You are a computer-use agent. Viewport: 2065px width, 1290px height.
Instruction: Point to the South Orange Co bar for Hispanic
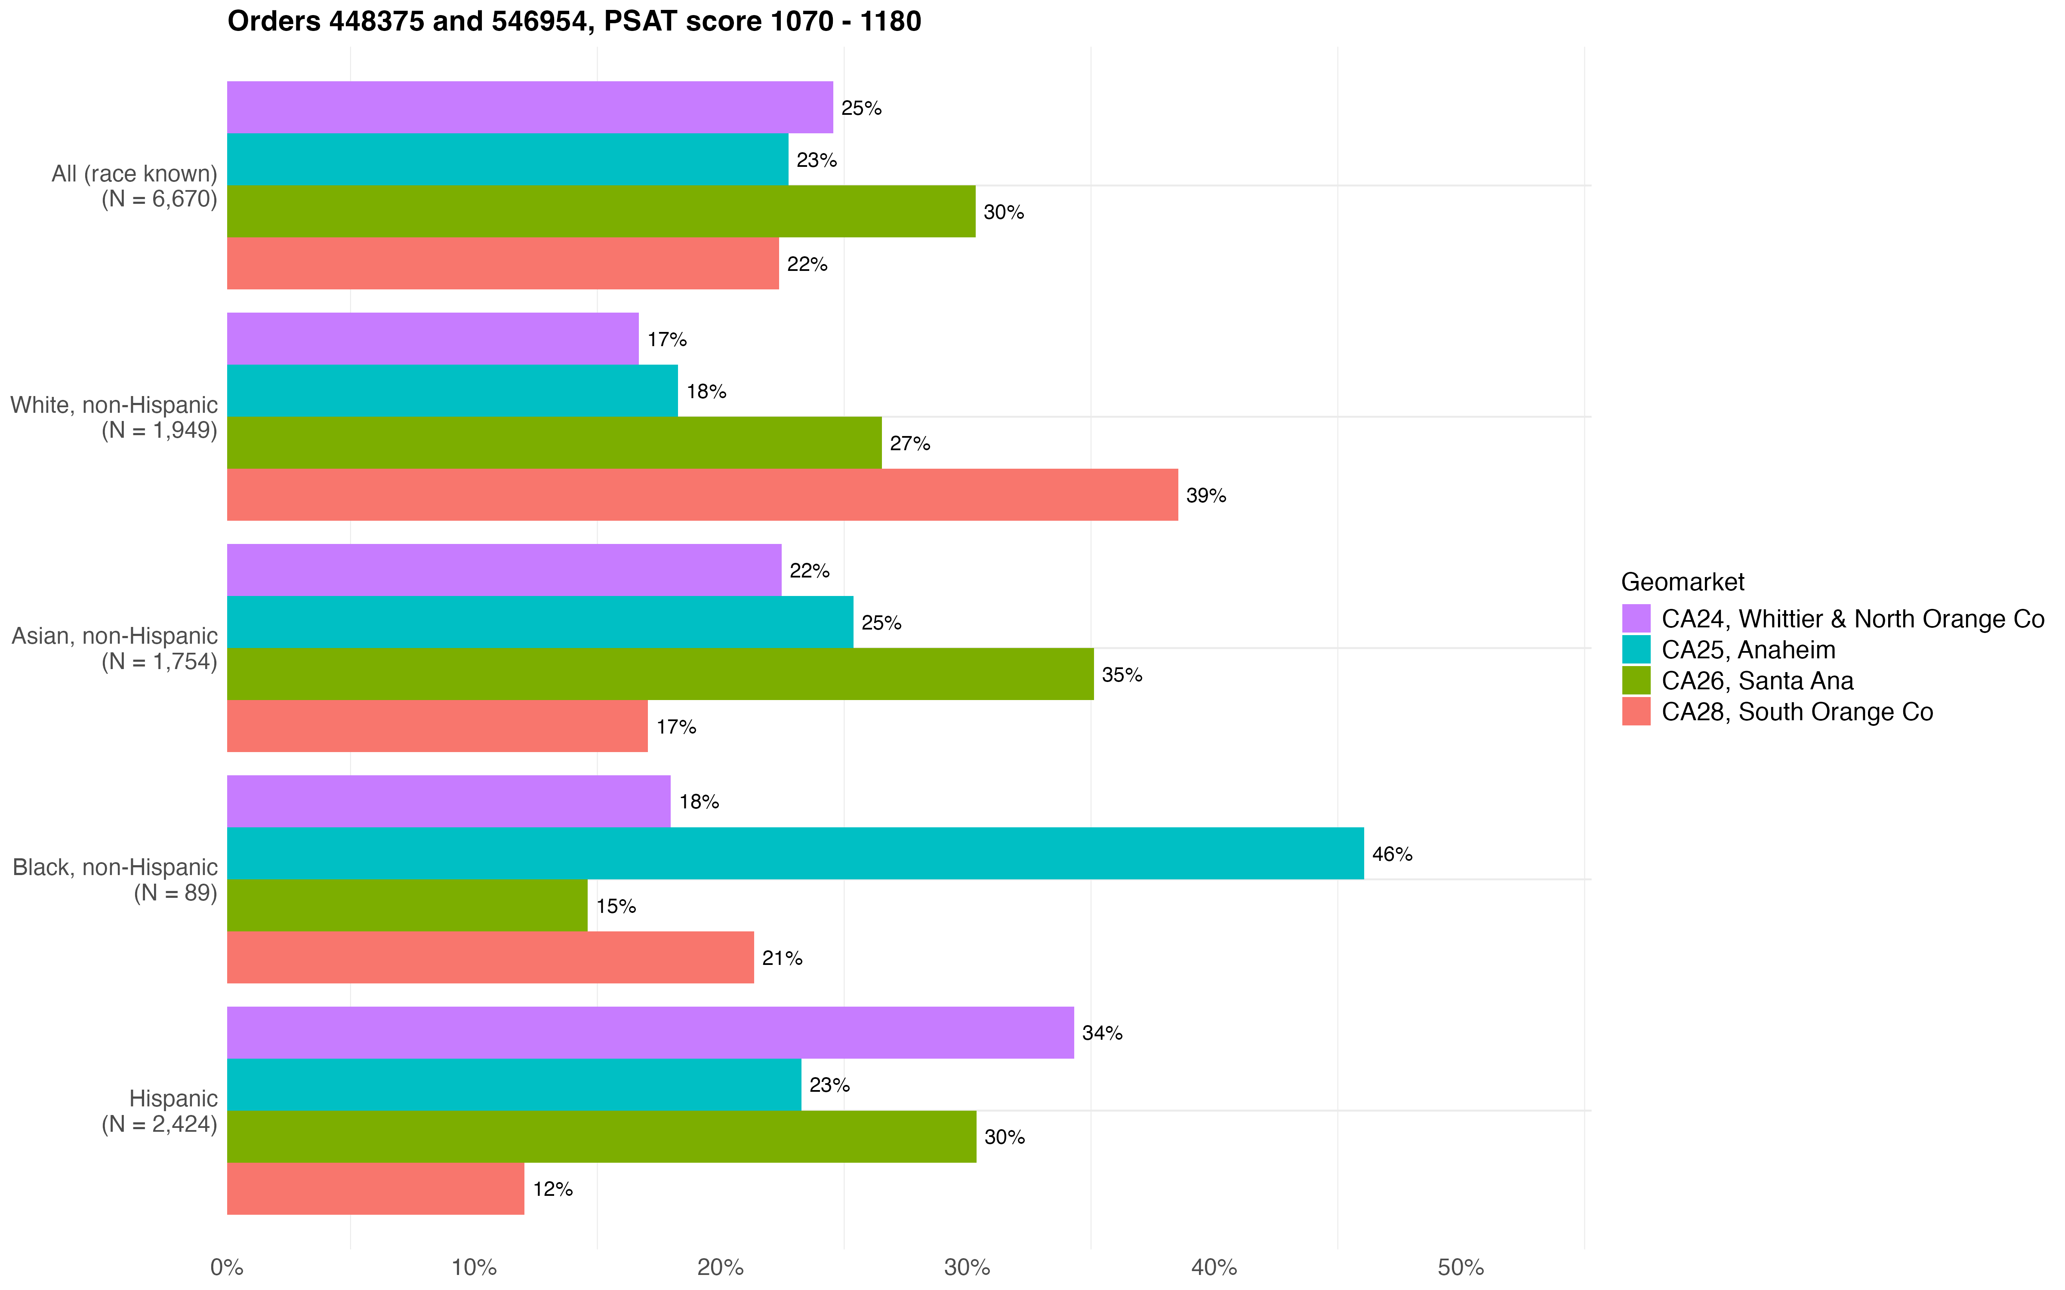[376, 1189]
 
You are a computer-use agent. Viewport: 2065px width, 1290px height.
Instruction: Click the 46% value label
[1392, 854]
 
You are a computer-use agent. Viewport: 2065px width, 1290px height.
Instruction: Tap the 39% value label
[1206, 496]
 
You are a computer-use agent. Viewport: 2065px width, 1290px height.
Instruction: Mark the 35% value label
[1121, 675]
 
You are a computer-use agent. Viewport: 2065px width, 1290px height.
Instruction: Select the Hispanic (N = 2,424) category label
[160, 1111]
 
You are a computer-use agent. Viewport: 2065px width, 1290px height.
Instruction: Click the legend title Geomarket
[1682, 582]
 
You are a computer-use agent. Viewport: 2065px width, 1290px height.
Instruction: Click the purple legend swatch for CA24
[1636, 618]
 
